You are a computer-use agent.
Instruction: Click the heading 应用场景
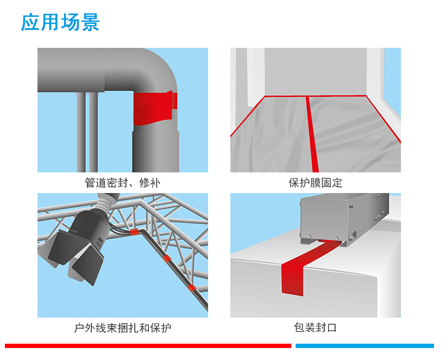(60, 23)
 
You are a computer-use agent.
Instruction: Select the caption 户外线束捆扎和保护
(123, 328)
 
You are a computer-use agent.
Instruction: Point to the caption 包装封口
(315, 328)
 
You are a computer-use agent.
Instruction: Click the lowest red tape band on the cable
(191, 287)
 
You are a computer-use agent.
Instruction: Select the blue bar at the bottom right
(365, 345)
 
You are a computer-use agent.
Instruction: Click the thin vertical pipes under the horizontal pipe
(87, 131)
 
